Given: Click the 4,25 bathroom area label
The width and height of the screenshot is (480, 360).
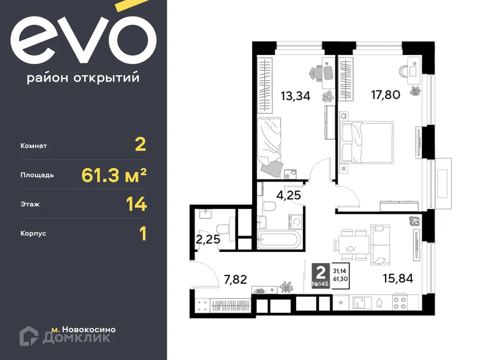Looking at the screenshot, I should click(288, 196).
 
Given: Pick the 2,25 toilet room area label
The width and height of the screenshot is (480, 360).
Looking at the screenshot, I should click(208, 240).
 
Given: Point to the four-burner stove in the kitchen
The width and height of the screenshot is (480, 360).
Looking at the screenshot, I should click(400, 302).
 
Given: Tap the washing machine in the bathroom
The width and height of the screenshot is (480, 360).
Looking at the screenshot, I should click(297, 221).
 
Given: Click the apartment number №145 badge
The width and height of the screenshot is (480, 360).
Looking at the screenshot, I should click(320, 284).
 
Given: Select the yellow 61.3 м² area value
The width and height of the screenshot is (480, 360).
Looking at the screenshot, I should click(114, 175).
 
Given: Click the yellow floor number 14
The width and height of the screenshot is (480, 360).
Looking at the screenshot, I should click(136, 204).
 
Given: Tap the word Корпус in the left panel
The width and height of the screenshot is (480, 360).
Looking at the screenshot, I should click(33, 233).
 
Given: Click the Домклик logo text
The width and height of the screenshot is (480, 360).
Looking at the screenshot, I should click(76, 338).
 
